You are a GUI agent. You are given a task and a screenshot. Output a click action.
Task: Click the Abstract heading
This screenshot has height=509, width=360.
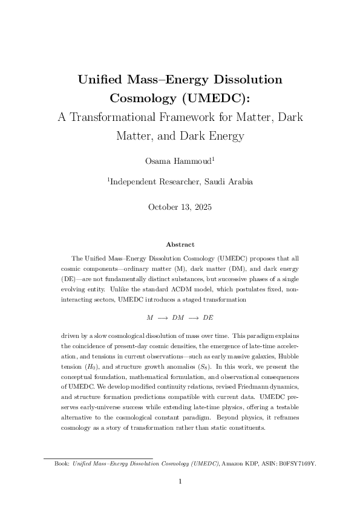click(x=180, y=244)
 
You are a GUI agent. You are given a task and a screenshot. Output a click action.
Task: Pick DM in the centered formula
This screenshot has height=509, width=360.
click(x=179, y=317)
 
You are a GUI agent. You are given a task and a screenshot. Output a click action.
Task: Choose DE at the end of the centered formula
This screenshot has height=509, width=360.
click(x=208, y=317)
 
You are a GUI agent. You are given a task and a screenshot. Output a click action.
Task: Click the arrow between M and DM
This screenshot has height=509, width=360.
click(x=163, y=317)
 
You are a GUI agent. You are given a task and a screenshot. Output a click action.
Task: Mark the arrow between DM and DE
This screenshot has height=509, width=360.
click(x=194, y=317)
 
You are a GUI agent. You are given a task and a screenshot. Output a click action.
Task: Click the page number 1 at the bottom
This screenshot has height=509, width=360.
click(x=180, y=482)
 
